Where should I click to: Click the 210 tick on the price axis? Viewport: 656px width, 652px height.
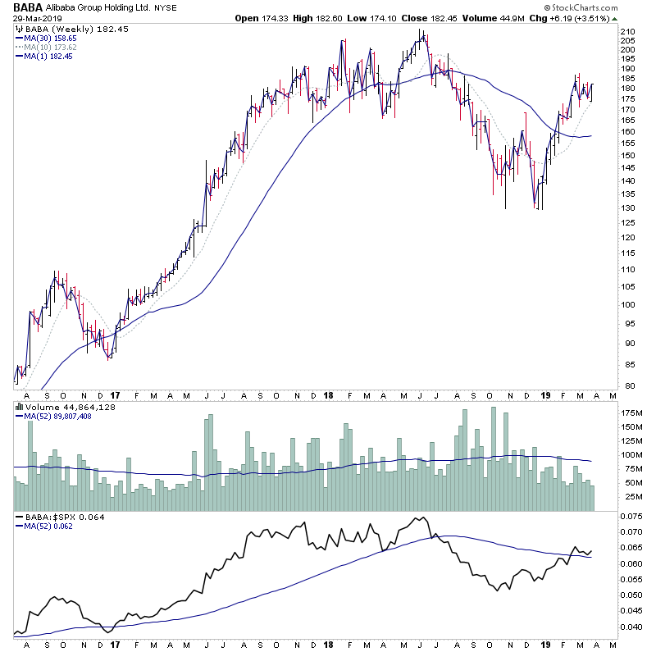[x=629, y=31]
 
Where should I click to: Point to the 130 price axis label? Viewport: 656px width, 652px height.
[x=629, y=207]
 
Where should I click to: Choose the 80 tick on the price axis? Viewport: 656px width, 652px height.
[x=627, y=385]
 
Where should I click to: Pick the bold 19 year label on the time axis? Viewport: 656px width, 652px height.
[x=544, y=395]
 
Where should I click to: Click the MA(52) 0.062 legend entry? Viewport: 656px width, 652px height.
[x=51, y=527]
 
